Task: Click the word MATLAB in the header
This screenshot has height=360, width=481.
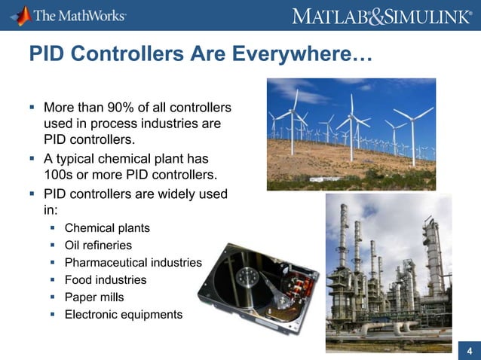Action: pos(327,16)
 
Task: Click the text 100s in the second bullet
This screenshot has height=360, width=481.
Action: pos(60,175)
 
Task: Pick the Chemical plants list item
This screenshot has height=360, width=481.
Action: pos(107,227)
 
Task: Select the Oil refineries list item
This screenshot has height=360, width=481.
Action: pos(98,245)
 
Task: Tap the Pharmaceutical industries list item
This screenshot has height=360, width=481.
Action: pos(133,262)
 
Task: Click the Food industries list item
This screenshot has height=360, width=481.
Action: pos(106,279)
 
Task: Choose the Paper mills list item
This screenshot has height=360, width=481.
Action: pos(93,297)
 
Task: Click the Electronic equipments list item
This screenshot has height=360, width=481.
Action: pos(123,314)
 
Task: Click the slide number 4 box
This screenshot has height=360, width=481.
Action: pos(469,350)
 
